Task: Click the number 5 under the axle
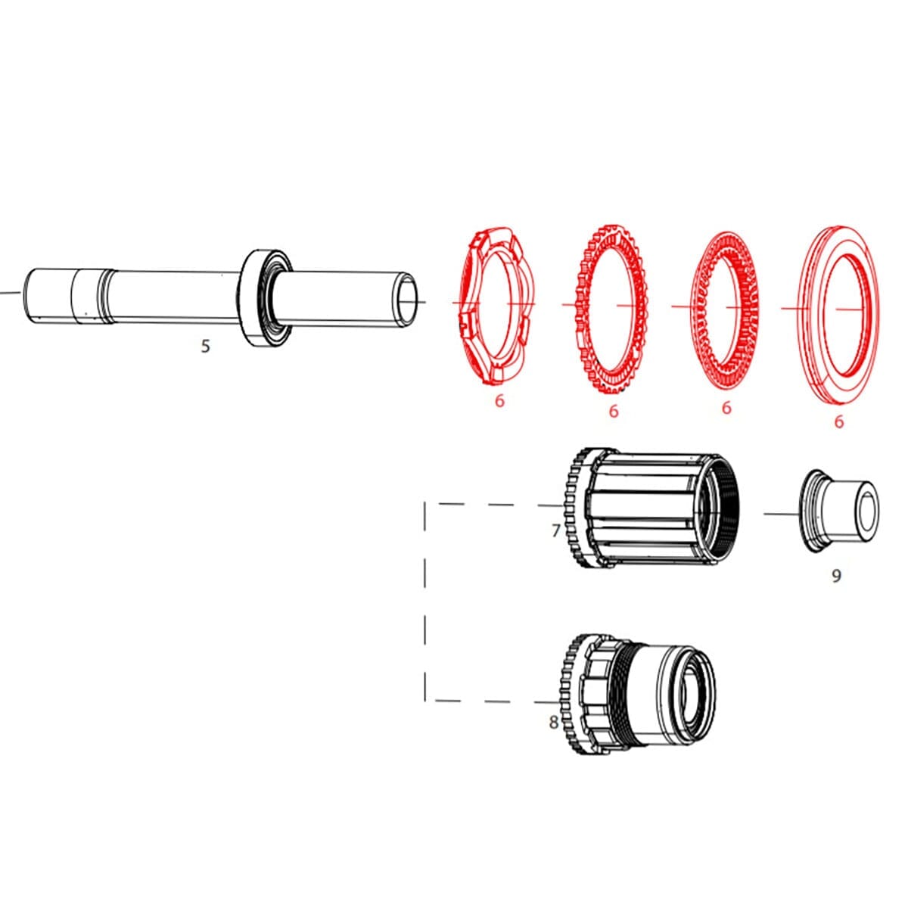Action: [205, 347]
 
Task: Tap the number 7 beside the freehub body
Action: [555, 530]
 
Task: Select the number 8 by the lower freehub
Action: [554, 722]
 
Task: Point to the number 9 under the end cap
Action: [836, 576]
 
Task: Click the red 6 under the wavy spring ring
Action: [499, 400]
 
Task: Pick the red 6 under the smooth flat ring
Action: [838, 421]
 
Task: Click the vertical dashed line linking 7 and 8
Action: [425, 602]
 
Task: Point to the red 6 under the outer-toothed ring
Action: [613, 410]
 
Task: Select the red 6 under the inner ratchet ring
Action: [726, 408]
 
